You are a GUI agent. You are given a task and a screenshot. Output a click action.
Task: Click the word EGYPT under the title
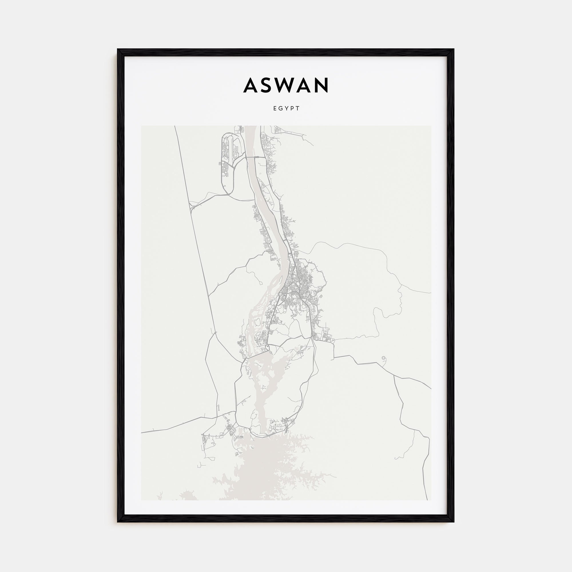(286, 108)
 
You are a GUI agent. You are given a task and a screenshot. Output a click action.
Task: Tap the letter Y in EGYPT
(286, 108)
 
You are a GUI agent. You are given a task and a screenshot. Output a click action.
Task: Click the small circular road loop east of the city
(384, 359)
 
